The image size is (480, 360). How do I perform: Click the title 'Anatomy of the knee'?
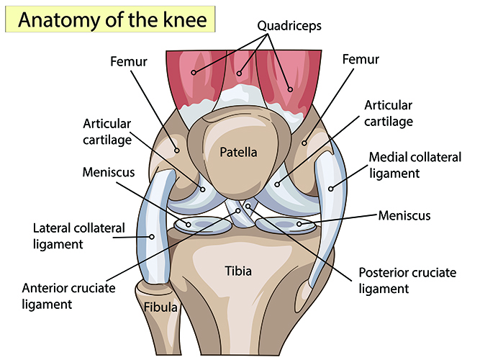pos(112,19)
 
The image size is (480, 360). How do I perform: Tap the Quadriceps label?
pos(289,26)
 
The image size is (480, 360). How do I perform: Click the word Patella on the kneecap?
pos(238,152)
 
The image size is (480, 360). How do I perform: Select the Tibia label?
pos(238,271)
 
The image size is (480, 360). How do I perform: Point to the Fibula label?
pos(160,307)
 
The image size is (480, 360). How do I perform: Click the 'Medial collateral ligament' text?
pos(415,165)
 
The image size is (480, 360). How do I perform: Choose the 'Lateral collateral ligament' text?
pos(79,236)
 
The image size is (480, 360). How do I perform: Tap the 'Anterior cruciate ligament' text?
pos(68,296)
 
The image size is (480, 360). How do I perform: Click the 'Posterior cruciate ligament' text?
pos(407,280)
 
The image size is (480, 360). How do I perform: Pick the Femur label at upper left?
pos(129,61)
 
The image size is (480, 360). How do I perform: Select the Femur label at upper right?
pos(361,59)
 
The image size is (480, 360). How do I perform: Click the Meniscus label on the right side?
pos(404,215)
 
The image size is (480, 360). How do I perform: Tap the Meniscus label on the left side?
pos(109,172)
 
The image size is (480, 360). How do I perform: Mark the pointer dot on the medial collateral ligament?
pos(330,189)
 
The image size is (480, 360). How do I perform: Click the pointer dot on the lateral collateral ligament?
pos(152,237)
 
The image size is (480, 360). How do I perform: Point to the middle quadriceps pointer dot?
pos(239,73)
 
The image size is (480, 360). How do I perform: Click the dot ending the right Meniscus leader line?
pos(299,224)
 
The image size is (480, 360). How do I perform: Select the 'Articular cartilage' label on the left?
pos(107,132)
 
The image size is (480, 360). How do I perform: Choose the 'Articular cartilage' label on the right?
pos(389,113)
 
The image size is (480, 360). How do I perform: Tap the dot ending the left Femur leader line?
pos(177,150)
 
